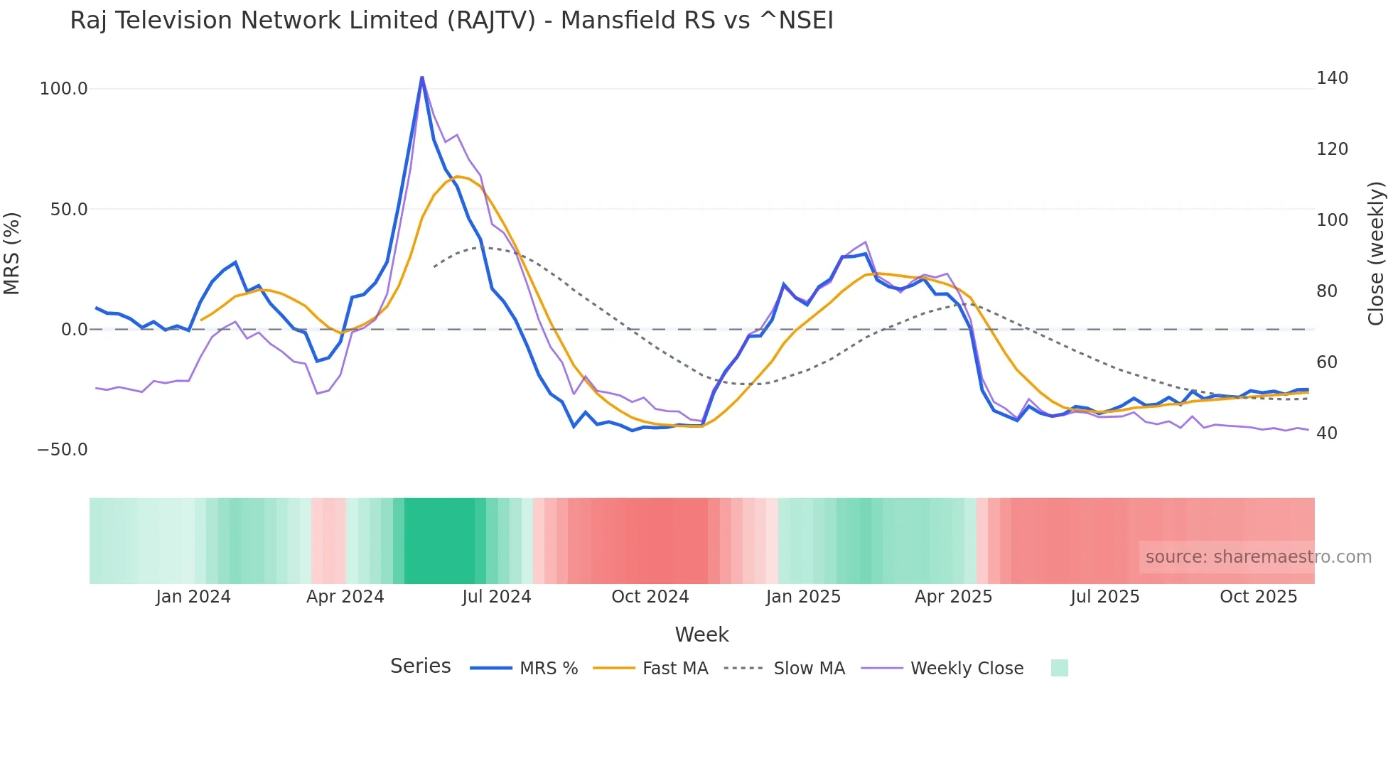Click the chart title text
pos(451,21)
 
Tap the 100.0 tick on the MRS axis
pos(64,89)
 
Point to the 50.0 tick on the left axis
pos(69,210)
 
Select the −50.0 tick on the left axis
pos(63,450)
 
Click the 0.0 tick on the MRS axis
pos(74,330)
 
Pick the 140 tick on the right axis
pos(1332,78)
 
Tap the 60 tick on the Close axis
pos(1327,362)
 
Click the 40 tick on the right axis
pos(1327,433)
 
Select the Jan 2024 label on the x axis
pos(193,597)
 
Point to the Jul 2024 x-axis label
pos(497,597)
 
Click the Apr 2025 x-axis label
pos(953,597)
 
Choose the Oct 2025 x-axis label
pos(1258,597)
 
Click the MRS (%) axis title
pos(12,254)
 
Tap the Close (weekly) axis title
pos(1377,254)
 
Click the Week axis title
pos(701,634)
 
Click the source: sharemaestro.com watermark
pos(1258,557)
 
